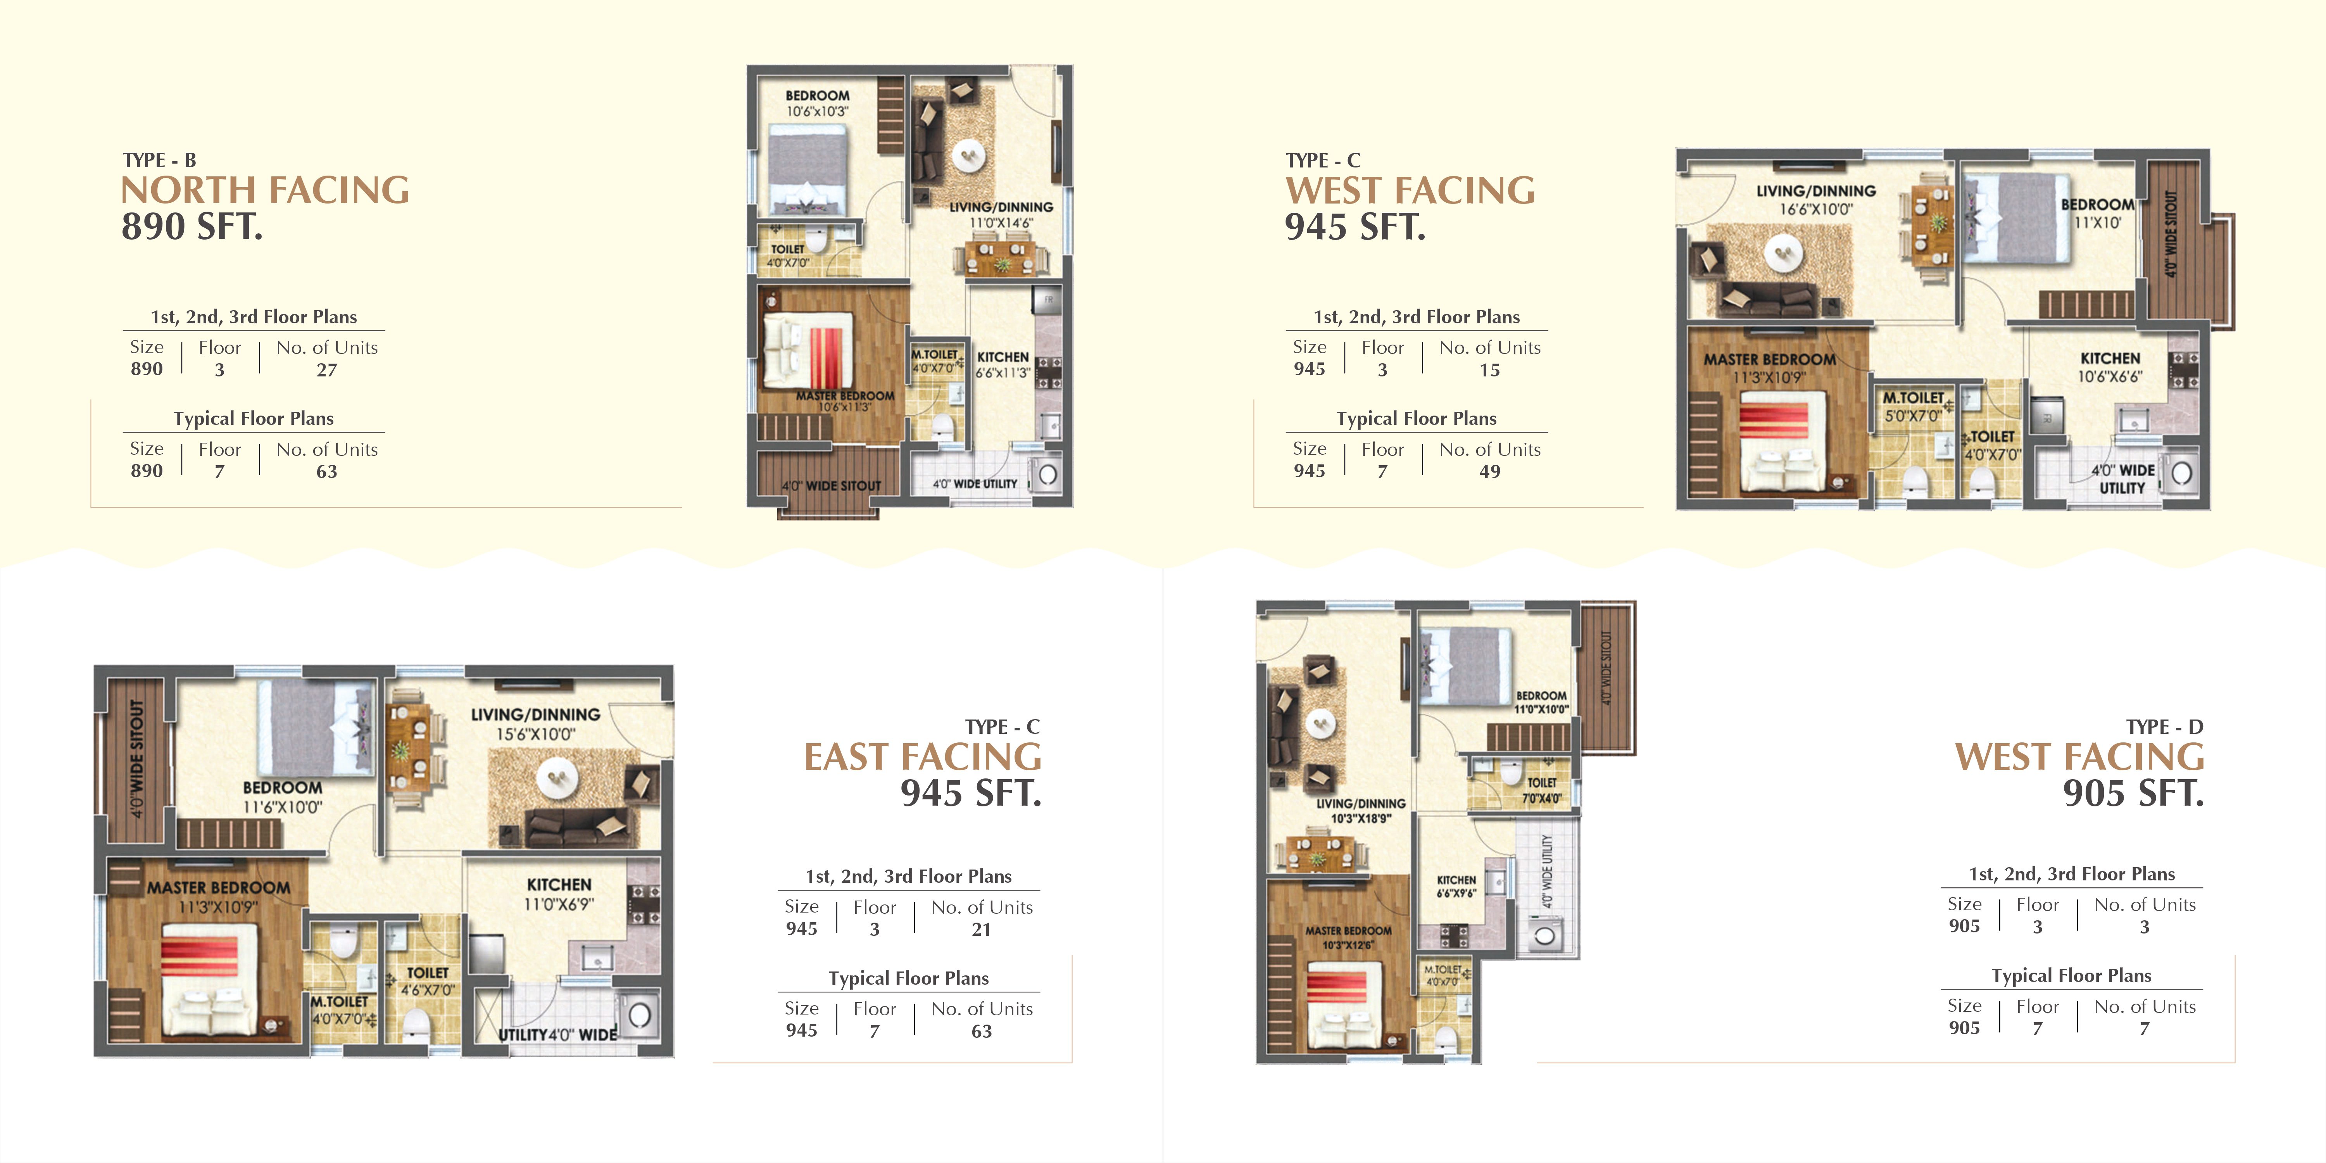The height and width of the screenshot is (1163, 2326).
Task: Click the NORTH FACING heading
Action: pyautogui.click(x=266, y=190)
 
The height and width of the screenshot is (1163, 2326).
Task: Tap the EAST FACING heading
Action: pyautogui.click(x=923, y=757)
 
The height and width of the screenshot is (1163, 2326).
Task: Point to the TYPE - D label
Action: pyautogui.click(x=2164, y=727)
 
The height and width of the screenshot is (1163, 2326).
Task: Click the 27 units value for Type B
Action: pyautogui.click(x=327, y=370)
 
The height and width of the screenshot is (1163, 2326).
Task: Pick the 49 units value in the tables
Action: pyautogui.click(x=1490, y=471)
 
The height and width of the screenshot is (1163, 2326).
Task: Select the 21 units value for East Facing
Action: pyautogui.click(x=982, y=929)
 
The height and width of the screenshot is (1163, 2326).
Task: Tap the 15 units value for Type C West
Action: pyautogui.click(x=1490, y=370)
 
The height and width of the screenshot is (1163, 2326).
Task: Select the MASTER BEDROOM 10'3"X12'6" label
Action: pyautogui.click(x=1348, y=937)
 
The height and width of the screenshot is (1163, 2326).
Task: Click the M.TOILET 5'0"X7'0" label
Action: pyautogui.click(x=1912, y=406)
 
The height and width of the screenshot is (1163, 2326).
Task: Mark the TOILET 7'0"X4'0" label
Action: pyautogui.click(x=1541, y=790)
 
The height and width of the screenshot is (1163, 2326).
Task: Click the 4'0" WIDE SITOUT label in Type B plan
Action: pyautogui.click(x=831, y=486)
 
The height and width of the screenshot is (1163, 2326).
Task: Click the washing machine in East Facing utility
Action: pyautogui.click(x=639, y=1015)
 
